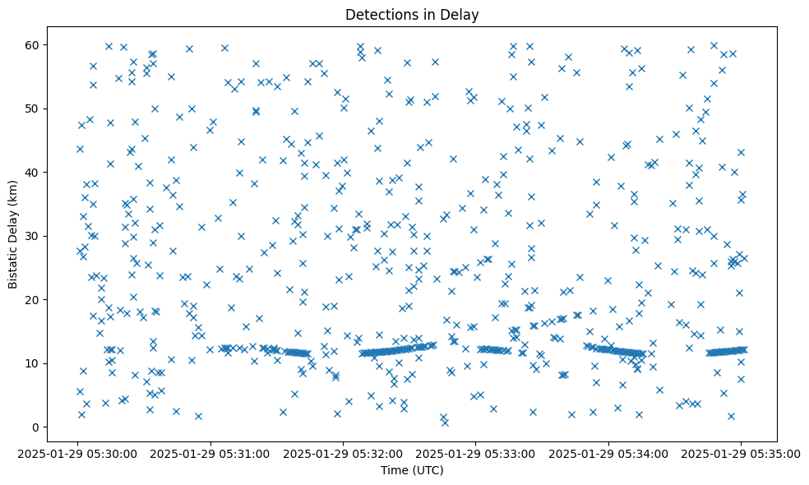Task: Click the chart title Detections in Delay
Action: point(412,14)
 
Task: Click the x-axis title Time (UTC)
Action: point(412,470)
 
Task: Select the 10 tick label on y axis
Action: point(33,363)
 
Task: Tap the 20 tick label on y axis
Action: point(33,300)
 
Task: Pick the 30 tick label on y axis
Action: point(33,236)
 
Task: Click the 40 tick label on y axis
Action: point(33,173)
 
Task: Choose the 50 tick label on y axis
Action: point(33,109)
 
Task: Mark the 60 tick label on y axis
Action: point(33,44)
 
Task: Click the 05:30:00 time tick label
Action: point(79,453)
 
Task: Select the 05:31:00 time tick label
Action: point(211,453)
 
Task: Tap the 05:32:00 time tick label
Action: point(344,453)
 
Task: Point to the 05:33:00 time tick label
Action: point(476,453)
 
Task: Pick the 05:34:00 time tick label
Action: point(608,453)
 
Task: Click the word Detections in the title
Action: point(382,14)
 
